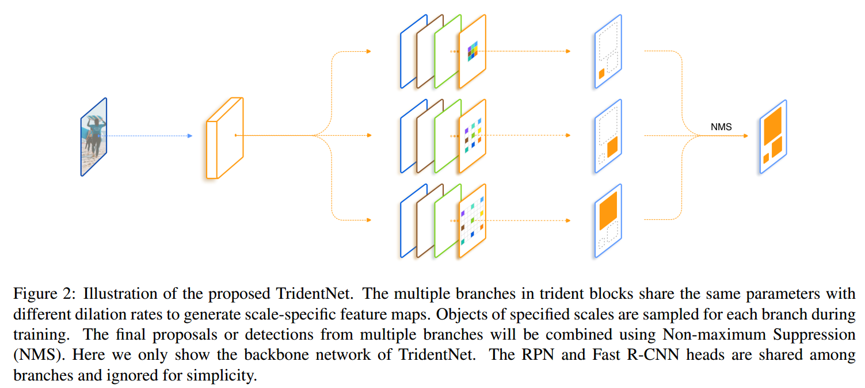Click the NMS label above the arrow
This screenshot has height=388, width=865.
[721, 127]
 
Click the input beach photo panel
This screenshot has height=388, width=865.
[94, 137]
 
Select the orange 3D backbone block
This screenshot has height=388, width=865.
[225, 138]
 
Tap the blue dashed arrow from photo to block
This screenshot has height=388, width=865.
[150, 136]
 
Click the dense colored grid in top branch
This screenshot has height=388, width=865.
[472, 51]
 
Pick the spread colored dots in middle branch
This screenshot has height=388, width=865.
[472, 136]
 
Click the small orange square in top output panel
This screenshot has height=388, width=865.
[601, 74]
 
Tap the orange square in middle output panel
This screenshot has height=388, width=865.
[612, 146]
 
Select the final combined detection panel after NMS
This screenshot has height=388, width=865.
[773, 137]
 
